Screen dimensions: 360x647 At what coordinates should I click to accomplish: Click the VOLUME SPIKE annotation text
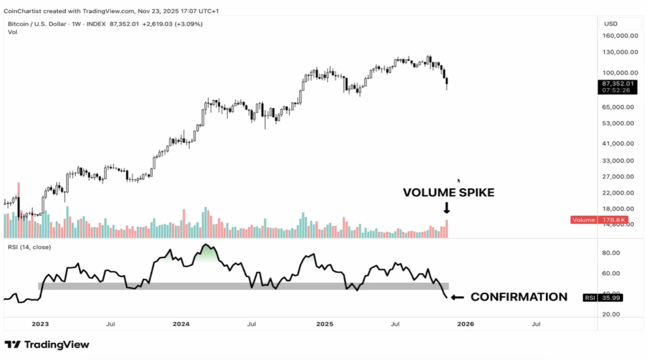tap(448, 193)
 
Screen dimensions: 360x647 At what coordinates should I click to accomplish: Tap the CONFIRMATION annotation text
tap(519, 297)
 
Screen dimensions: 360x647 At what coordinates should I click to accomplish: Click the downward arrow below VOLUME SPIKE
tap(447, 208)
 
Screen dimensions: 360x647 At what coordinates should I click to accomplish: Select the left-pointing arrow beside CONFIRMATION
tap(457, 297)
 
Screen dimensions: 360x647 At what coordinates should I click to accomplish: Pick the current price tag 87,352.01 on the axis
tap(619, 84)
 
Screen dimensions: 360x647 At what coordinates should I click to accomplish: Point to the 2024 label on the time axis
tap(182, 324)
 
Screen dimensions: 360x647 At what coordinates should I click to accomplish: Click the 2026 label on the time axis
tap(465, 324)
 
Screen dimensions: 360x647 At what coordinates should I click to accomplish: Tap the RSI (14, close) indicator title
tap(30, 247)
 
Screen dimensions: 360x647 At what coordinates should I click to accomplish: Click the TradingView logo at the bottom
tap(47, 345)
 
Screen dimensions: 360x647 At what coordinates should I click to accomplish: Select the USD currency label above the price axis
tap(611, 24)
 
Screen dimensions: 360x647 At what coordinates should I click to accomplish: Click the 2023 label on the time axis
tap(40, 324)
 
